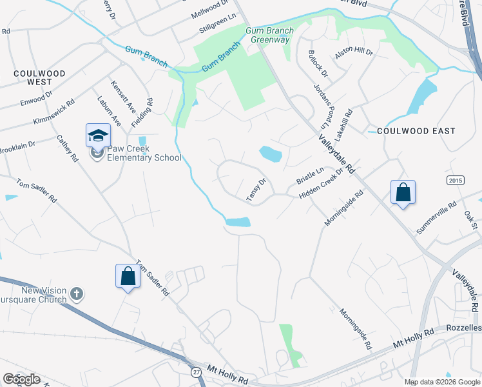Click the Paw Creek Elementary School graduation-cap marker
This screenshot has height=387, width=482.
pos(98,135)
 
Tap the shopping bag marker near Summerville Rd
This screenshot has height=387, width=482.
pos(403,192)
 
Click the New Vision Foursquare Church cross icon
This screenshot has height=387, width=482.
pos(76,294)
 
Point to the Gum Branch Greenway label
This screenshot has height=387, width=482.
pos(269,35)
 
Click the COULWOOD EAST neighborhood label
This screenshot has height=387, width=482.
pos(416,131)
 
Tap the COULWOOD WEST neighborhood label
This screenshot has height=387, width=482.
pos(37,77)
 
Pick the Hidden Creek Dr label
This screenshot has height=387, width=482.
pos(322,184)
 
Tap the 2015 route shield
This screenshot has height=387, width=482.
pos(456,180)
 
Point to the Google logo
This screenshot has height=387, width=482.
pos(21,379)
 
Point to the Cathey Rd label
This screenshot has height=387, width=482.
pos(67,148)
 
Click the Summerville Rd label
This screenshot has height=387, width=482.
pos(436,217)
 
